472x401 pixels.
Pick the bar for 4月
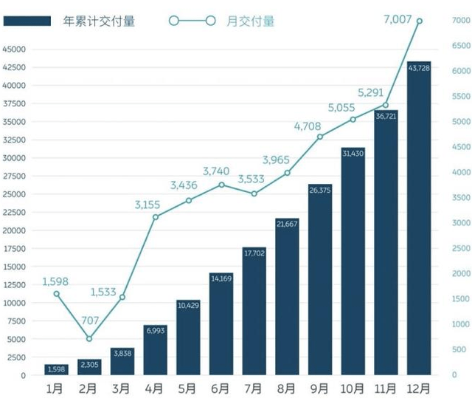(155, 350)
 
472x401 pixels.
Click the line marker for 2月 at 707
(89, 339)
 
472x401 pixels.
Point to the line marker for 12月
(419, 21)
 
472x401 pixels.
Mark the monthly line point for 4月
(156, 216)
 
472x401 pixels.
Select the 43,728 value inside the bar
(419, 69)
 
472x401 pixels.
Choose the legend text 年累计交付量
(99, 21)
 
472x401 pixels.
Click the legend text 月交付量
(252, 21)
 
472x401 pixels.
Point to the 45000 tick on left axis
(14, 49)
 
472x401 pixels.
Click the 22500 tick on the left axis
(14, 213)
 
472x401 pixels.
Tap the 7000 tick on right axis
(460, 21)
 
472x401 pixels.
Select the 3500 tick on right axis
(460, 198)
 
